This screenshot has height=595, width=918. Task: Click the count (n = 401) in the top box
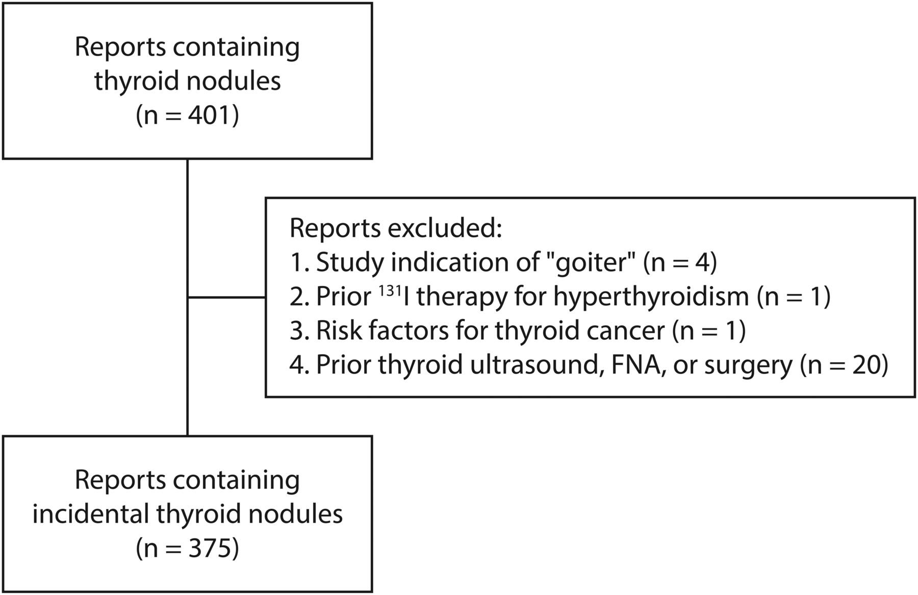click(x=187, y=115)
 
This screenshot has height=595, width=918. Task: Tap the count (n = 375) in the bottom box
click(x=187, y=548)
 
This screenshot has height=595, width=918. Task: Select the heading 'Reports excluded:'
click(x=396, y=229)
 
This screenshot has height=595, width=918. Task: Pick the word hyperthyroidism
click(x=651, y=296)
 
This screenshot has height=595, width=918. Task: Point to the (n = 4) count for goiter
click(x=680, y=262)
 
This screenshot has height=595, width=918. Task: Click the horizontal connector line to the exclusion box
click(x=226, y=297)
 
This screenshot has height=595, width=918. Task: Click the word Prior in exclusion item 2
click(x=344, y=296)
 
